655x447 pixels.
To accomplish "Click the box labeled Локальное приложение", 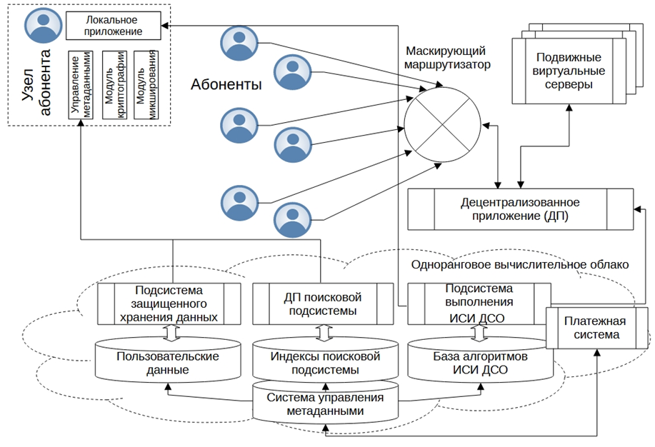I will click(x=113, y=26).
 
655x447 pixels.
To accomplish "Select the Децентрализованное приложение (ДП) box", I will click(x=520, y=209).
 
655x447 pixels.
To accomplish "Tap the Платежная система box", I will click(x=597, y=328).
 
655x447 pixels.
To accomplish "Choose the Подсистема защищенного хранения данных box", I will click(x=169, y=303).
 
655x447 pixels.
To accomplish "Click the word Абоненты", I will click(x=226, y=85).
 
